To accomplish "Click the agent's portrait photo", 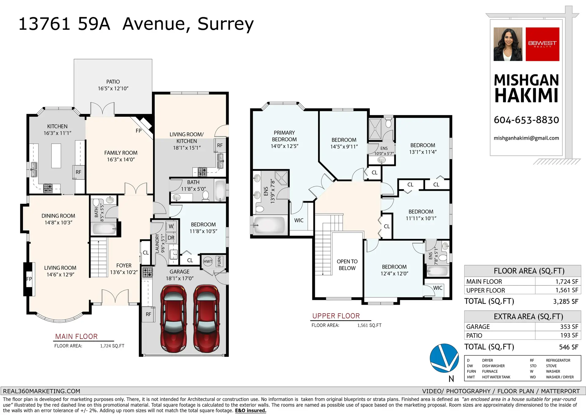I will [508, 44].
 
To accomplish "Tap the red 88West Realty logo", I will [542, 44].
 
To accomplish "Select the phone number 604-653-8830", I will [526, 120].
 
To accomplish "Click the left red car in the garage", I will [173, 318].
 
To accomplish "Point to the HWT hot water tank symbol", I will [208, 261].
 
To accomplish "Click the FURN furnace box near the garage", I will [219, 261].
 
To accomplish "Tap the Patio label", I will [113, 82].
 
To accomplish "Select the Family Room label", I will [121, 153].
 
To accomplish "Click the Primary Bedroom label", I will [284, 136].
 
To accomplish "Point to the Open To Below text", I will [347, 265].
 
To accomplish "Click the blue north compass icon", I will [444, 358].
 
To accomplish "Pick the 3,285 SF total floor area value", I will [565, 302].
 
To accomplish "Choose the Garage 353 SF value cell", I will [569, 327].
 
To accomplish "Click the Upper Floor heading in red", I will [336, 316].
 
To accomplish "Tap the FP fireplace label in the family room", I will [139, 131].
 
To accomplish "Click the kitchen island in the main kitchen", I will [56, 156].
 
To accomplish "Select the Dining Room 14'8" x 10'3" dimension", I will [58, 222].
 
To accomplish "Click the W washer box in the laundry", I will [171, 226].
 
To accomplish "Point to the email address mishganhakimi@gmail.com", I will [526, 138].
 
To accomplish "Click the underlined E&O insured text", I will [250, 410].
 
